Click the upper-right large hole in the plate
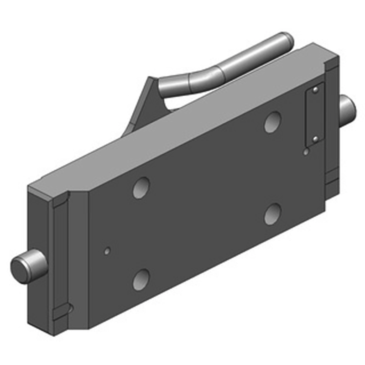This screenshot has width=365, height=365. [x=272, y=122]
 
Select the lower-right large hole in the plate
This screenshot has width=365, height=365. [x=272, y=214]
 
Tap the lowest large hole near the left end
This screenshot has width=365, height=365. [x=141, y=279]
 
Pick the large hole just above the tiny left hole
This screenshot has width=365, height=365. [x=141, y=187]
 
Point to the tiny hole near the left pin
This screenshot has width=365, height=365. [x=107, y=251]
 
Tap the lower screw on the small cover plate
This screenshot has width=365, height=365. [x=315, y=138]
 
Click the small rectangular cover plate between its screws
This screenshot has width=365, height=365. [x=314, y=114]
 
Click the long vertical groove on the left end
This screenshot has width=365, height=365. [x=61, y=255]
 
